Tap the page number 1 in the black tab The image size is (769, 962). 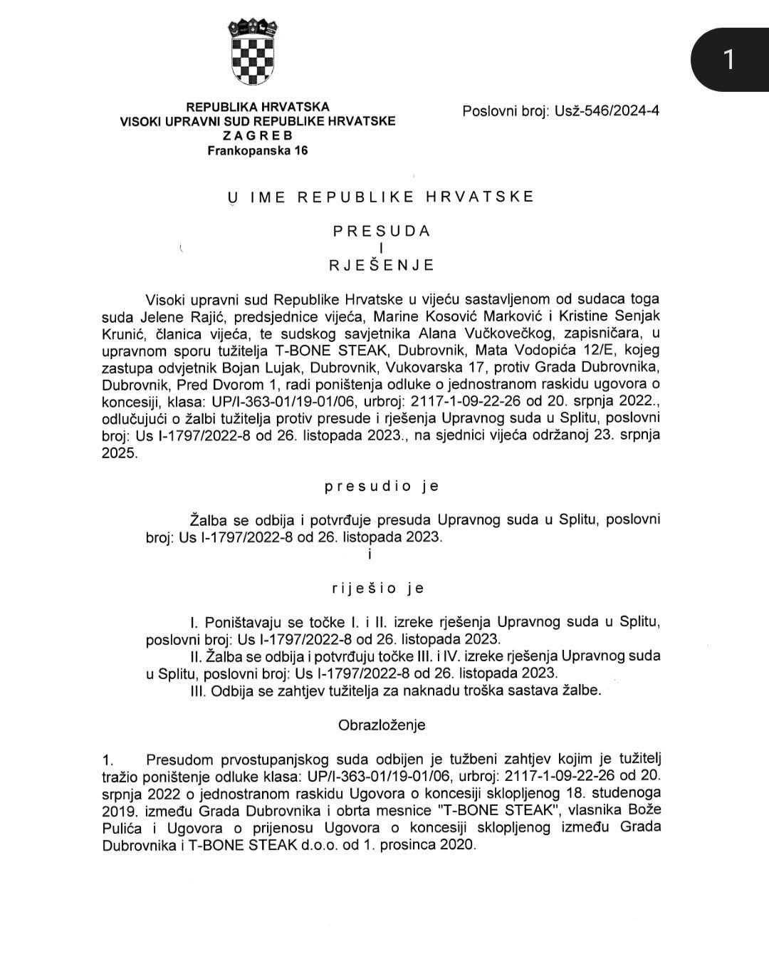[x=728, y=60]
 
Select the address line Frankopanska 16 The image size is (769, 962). [x=258, y=150]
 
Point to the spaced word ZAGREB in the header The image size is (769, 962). [x=258, y=135]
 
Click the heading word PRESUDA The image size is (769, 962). [x=382, y=231]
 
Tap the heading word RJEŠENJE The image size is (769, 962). [x=382, y=265]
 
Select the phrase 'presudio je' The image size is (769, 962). [x=382, y=487]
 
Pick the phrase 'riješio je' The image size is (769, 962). [x=378, y=588]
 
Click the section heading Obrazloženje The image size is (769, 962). [x=382, y=725]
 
